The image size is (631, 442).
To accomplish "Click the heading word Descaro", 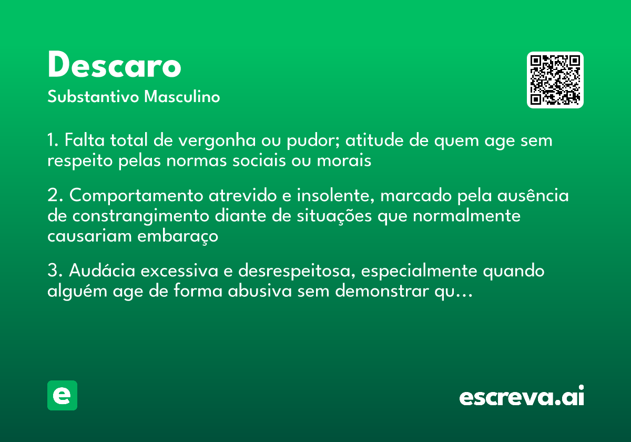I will pos(114,66).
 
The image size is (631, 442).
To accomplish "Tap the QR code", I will pos(555,80).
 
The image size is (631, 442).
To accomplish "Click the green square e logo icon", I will pos(62,395).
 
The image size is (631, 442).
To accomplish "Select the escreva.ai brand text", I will pos(522,397).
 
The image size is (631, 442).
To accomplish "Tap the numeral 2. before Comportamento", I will pos(55,195).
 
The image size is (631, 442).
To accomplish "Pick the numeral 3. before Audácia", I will pos(55,271).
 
